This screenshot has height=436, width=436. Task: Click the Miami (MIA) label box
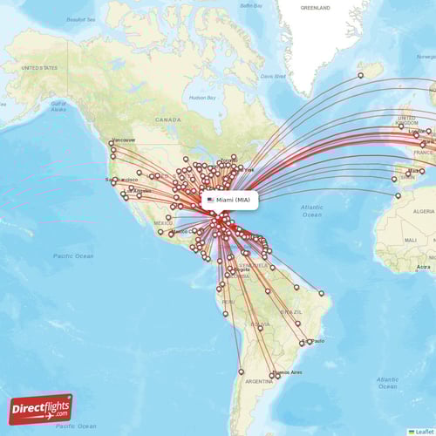click(x=231, y=200)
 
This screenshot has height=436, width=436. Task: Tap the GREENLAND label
click(x=315, y=7)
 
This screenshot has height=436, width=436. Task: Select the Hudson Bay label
click(x=202, y=98)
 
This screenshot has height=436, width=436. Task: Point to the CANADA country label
click(x=168, y=119)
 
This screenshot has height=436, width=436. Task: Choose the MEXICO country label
click(x=163, y=223)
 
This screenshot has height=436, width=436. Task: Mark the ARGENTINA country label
click(x=259, y=381)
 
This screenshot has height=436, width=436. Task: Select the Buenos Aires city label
click(x=290, y=372)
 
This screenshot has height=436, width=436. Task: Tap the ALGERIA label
click(x=423, y=211)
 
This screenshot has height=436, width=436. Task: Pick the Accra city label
click(x=424, y=267)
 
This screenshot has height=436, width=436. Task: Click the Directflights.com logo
click(x=41, y=408)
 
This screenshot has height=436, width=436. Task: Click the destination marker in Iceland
click(x=360, y=76)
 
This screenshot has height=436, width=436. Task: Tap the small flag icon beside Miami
click(x=210, y=200)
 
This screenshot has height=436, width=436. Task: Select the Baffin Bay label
click(x=251, y=6)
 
